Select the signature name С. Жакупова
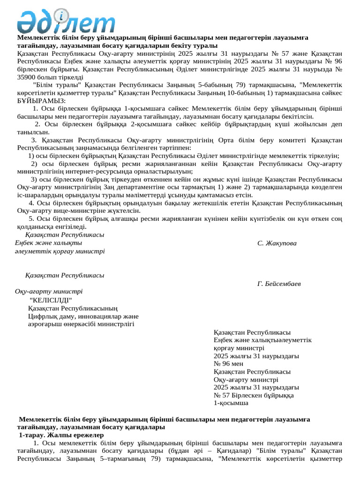coord(277,243)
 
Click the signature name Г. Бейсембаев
coord(279,284)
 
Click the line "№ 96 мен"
coord(228,364)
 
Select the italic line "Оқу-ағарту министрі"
coord(49,291)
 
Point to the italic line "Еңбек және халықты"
coord(48,243)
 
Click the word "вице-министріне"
coord(68,211)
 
